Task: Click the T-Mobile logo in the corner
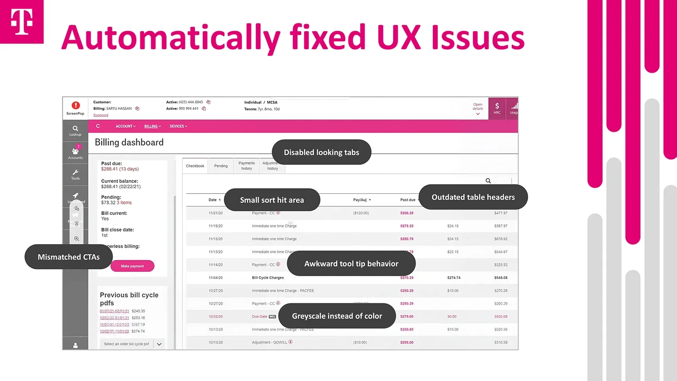click(x=22, y=22)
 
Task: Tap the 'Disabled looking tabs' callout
click(x=321, y=153)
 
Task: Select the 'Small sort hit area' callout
click(x=272, y=200)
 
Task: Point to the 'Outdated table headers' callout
click(x=473, y=197)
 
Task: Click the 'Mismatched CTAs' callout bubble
click(x=69, y=257)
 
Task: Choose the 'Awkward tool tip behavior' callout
click(x=351, y=264)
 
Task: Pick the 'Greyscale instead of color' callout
click(x=337, y=316)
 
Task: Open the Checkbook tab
click(x=195, y=166)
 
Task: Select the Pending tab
click(x=221, y=166)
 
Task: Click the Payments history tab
click(x=246, y=166)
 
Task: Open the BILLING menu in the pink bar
click(x=152, y=126)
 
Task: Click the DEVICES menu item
click(x=178, y=126)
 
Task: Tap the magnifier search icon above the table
click(x=488, y=181)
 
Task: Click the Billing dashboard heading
click(x=129, y=143)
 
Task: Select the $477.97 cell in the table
click(x=501, y=213)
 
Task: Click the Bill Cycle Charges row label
click(x=268, y=278)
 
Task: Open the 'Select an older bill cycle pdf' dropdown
click(x=132, y=344)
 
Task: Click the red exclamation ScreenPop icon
click(x=75, y=106)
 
